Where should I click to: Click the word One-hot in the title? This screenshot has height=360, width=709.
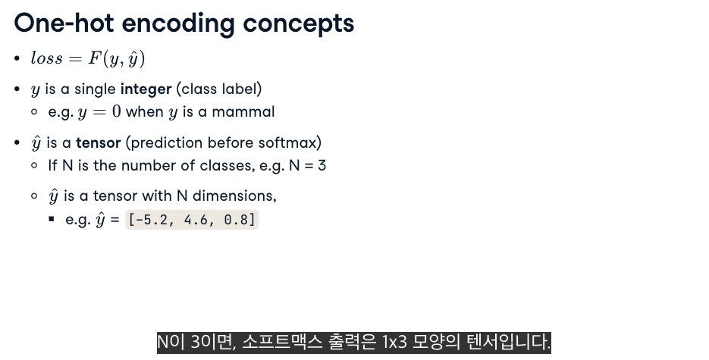pyautogui.click(x=64, y=23)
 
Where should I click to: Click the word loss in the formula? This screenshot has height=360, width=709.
pyautogui.click(x=46, y=58)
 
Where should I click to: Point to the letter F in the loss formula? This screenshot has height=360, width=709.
pyautogui.click(x=95, y=58)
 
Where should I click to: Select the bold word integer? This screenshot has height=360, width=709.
pyautogui.click(x=146, y=89)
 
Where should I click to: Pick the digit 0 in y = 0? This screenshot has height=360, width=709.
pyautogui.click(x=116, y=111)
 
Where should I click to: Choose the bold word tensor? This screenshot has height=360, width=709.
pyautogui.click(x=98, y=143)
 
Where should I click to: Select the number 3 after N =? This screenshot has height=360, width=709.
pyautogui.click(x=322, y=165)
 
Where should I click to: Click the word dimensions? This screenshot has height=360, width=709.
pyautogui.click(x=234, y=196)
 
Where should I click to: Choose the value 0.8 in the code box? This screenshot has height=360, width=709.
pyautogui.click(x=236, y=220)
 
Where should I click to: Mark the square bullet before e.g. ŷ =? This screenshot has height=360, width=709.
pyautogui.click(x=52, y=219)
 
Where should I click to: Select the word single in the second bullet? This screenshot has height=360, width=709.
pyautogui.click(x=95, y=89)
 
